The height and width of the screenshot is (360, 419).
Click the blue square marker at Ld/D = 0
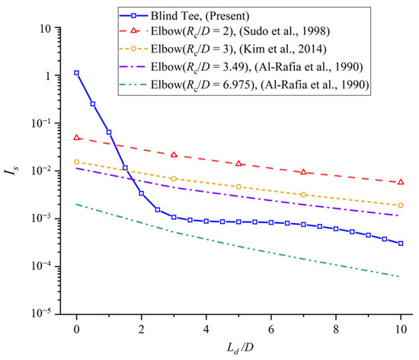pyautogui.click(x=76, y=73)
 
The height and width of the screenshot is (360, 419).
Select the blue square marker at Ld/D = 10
pyautogui.click(x=401, y=244)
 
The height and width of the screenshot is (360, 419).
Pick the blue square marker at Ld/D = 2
pyautogui.click(x=141, y=193)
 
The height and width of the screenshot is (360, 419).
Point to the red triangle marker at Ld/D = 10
pyautogui.click(x=401, y=182)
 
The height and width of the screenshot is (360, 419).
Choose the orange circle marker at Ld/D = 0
pyautogui.click(x=76, y=161)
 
